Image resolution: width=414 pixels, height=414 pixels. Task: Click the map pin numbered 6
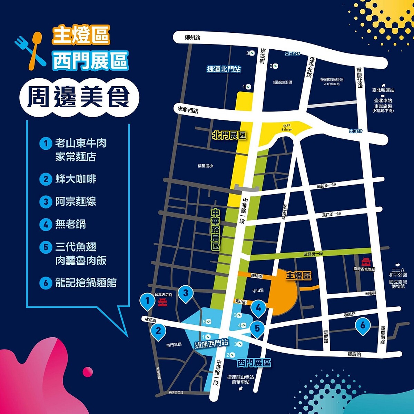click(x=363, y=325)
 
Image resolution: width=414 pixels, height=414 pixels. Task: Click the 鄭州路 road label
click(x=192, y=38)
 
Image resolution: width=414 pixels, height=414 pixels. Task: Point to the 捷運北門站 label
click(x=224, y=69)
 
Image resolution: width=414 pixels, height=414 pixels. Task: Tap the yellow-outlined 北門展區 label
click(x=229, y=135)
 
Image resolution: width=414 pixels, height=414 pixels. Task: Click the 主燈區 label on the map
click(x=298, y=276)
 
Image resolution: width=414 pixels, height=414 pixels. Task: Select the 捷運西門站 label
click(x=211, y=344)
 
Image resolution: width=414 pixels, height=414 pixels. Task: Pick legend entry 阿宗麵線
click(x=76, y=201)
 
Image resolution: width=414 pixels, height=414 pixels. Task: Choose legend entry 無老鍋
click(x=70, y=224)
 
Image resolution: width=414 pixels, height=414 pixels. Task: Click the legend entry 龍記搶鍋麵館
click(x=86, y=283)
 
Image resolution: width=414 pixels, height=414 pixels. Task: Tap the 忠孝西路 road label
click(x=188, y=109)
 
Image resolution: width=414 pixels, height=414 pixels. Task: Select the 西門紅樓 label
click(x=173, y=345)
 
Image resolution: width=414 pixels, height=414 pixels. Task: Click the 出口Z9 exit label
click(x=356, y=131)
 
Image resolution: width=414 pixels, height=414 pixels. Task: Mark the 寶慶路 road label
click(x=354, y=354)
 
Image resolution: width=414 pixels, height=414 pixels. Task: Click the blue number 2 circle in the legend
click(x=46, y=179)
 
